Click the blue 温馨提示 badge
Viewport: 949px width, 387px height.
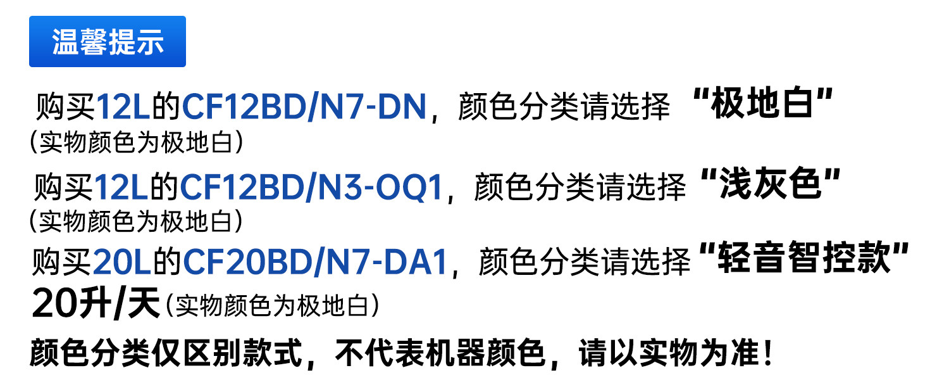click(x=108, y=42)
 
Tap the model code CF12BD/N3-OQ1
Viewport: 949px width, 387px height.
click(x=311, y=187)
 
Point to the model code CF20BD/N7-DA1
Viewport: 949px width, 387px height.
click(x=316, y=262)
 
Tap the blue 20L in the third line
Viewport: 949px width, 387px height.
click(x=121, y=262)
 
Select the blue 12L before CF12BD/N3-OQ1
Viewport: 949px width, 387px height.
click(x=121, y=187)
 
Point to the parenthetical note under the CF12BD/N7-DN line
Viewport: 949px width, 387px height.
click(x=136, y=143)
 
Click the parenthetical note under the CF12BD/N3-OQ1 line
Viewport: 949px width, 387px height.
click(x=136, y=221)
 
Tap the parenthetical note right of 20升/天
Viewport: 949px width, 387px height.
click(x=273, y=307)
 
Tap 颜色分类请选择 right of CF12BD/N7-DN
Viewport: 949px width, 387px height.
click(x=563, y=108)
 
